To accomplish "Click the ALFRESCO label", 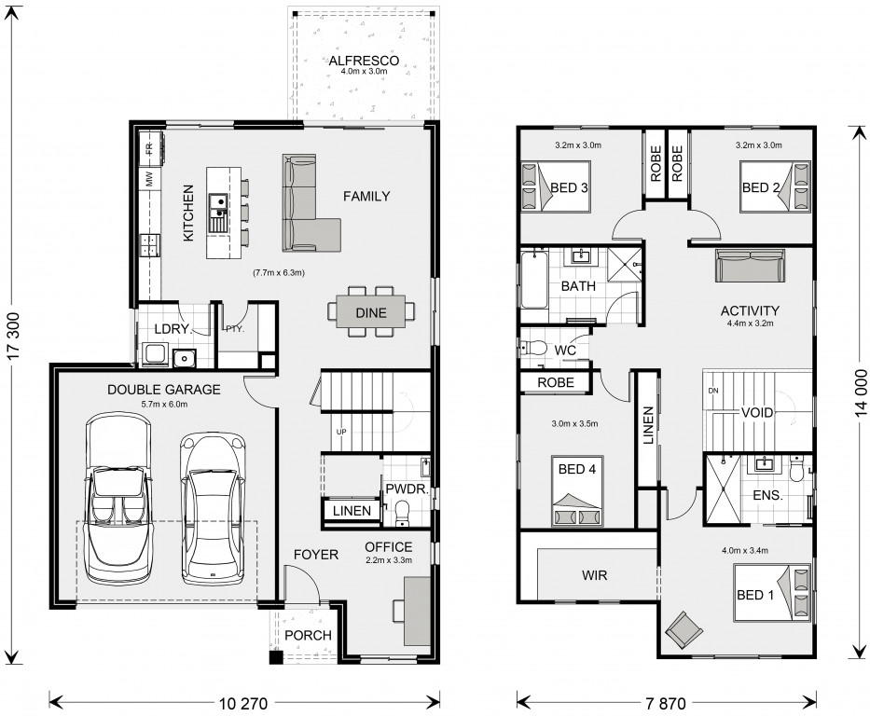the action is coord(364,61).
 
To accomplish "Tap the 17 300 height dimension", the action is coord(13,337).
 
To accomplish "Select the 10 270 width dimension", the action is coord(243,703).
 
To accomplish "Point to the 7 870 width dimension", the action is coord(666,703).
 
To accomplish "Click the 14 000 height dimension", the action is coord(861,392).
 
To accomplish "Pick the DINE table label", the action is coord(371,313).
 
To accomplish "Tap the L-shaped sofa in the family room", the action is coord(311,203).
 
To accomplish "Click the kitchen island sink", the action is coord(218,213).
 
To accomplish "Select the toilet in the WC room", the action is coord(532,349).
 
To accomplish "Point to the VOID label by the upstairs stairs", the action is coord(757,412).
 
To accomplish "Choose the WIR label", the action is coord(594,575).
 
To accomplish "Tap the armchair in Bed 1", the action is coord(684,629).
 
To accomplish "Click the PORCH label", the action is coord(308,635).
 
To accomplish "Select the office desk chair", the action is coord(398,611).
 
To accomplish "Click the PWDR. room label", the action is coord(407,489).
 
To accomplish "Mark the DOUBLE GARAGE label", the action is coord(164,390).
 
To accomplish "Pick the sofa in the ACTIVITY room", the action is coord(750,266).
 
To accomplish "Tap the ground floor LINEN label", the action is coord(352,510).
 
